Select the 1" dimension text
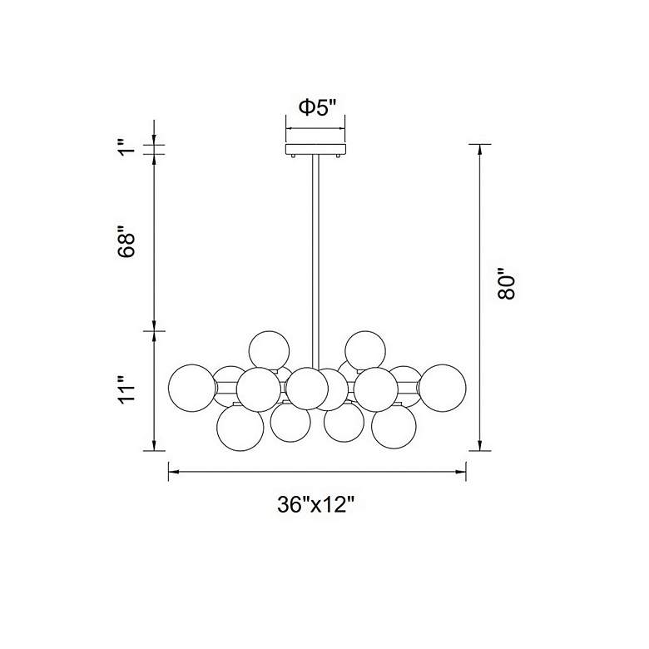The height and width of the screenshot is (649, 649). click(x=126, y=149)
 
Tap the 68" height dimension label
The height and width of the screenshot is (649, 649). click(x=126, y=240)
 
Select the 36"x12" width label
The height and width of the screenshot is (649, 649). click(x=316, y=504)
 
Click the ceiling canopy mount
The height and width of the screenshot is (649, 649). click(x=315, y=151)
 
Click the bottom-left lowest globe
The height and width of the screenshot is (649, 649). click(x=240, y=428)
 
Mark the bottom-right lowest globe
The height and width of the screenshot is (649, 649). click(x=394, y=428)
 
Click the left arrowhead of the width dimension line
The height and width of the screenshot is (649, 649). click(x=173, y=472)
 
